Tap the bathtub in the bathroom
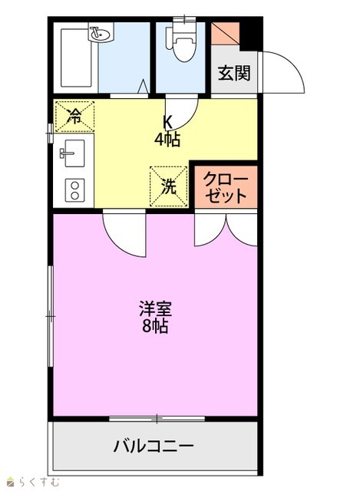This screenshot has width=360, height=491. pos(77,58)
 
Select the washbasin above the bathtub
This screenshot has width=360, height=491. pos(101,32)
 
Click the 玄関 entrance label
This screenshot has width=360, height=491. pos(234,74)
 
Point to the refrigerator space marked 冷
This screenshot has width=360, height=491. pos(74,116)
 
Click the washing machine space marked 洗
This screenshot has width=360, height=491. pos(169,186)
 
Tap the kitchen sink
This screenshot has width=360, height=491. pos(73,153)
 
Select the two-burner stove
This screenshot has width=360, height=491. pos(74,190)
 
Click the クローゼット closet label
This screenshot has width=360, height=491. pos(226,187)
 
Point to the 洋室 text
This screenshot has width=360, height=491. pos(155,308)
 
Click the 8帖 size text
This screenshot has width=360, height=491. pos(155,326)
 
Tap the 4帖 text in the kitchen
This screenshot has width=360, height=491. pos(167,140)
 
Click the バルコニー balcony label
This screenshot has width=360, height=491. pos(154,446)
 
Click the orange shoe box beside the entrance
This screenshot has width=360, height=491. pos(225,34)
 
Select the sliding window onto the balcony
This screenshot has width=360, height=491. pos(157,419)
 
